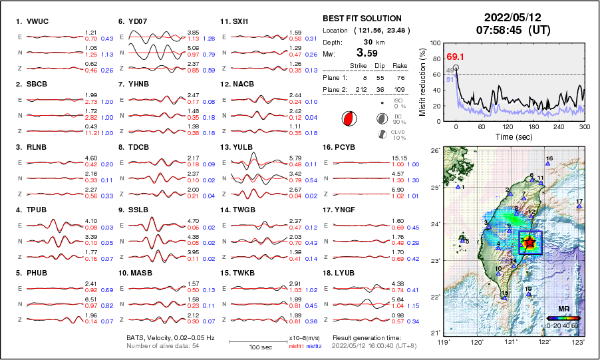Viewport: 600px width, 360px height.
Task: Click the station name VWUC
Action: [35, 21]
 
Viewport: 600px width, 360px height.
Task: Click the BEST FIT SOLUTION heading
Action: [362, 19]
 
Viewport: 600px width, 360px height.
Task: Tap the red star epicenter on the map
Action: [529, 242]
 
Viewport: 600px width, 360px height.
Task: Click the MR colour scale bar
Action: [563, 318]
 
